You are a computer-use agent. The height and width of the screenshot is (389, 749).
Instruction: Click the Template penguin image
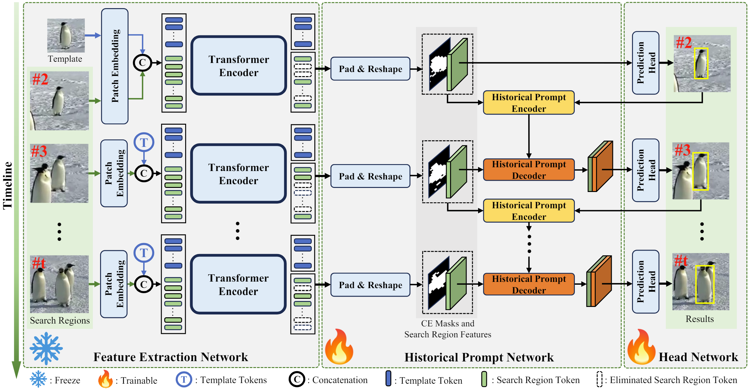[x=66, y=35]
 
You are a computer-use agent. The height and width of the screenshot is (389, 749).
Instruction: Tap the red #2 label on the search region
[x=40, y=79]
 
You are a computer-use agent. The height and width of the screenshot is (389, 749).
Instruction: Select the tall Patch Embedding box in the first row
[x=115, y=66]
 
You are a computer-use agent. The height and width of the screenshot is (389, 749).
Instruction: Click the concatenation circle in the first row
[x=142, y=63]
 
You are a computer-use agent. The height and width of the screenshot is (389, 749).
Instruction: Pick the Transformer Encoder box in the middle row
[x=239, y=174]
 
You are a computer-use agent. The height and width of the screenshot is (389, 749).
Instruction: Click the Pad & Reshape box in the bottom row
[x=370, y=285]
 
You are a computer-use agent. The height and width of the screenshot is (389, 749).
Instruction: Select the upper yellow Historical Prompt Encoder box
[x=529, y=103]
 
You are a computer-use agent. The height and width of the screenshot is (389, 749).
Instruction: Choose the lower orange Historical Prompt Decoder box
[x=529, y=284]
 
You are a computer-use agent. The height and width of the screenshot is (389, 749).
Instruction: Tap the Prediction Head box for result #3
[x=645, y=170]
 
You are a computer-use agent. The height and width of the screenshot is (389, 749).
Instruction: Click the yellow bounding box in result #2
[x=701, y=63]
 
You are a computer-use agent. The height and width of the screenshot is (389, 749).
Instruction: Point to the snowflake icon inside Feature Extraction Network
[x=46, y=348]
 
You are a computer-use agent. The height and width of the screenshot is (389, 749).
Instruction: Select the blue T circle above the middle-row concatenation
[x=144, y=143]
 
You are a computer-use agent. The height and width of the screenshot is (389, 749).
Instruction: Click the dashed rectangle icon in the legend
[x=599, y=379]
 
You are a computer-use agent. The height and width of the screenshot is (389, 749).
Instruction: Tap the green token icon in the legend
[x=484, y=379]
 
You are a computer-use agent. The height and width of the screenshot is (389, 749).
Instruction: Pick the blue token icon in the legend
[x=388, y=379]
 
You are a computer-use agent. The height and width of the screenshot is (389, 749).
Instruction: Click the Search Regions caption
[x=60, y=320]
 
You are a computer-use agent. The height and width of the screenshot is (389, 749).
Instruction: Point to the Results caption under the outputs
[x=700, y=319]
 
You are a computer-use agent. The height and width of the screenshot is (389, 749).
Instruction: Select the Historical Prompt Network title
[x=479, y=357]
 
